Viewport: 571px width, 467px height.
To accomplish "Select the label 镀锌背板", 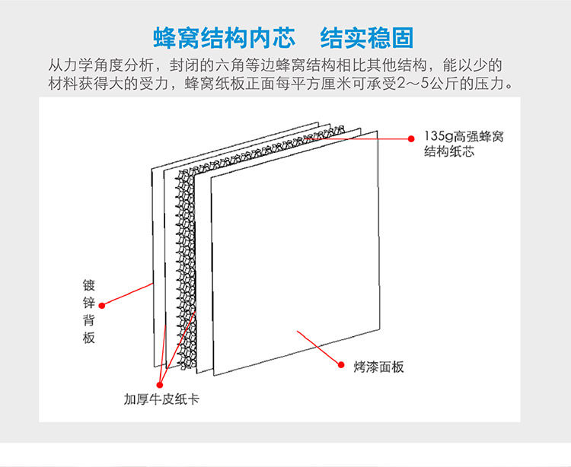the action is pyautogui.click(x=89, y=312).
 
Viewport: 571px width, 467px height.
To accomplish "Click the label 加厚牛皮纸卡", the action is pyautogui.click(x=161, y=399).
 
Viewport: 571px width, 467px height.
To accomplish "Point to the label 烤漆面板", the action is pyautogui.click(x=378, y=367).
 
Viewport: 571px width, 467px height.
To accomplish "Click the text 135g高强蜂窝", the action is pyautogui.click(x=464, y=137).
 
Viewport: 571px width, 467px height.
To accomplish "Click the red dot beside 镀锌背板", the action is pyautogui.click(x=102, y=305).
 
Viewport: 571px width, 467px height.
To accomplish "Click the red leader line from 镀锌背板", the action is pyautogui.click(x=128, y=294).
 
